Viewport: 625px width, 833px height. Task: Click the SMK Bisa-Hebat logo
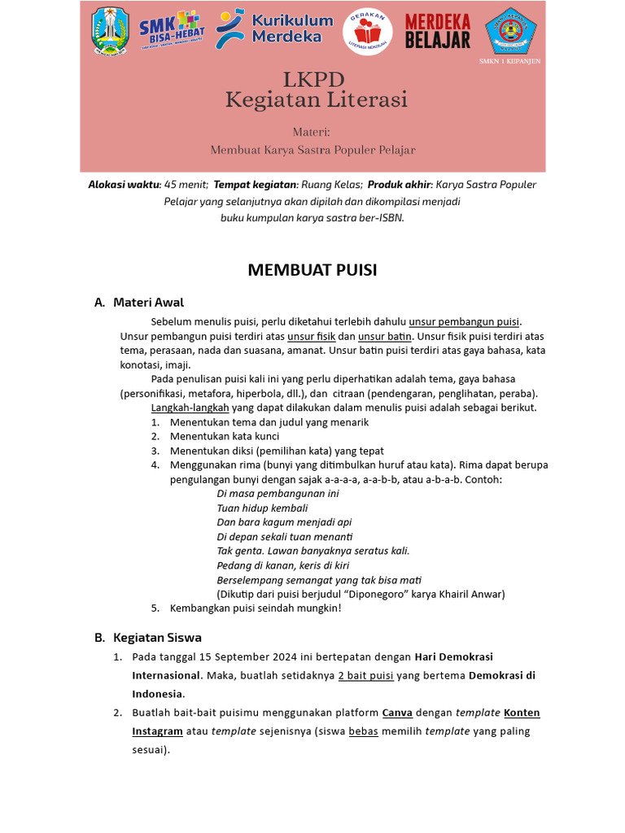coord(171,31)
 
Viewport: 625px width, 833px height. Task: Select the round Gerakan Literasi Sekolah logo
coord(367,33)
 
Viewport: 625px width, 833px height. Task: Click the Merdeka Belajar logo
coord(438,31)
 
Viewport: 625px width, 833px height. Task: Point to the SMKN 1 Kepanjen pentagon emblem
coord(510,30)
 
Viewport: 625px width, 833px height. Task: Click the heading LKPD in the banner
coord(313,79)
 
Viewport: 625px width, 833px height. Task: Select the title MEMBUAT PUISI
coord(312,270)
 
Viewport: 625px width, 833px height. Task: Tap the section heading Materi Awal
coord(148,303)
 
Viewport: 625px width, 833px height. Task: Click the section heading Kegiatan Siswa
coord(157,637)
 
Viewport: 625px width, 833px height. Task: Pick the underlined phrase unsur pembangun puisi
coord(464,321)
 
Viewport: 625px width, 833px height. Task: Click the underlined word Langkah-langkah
coord(190,408)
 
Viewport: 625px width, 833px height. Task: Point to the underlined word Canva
coord(397,713)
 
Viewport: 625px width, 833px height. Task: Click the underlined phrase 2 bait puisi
coord(365,675)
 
